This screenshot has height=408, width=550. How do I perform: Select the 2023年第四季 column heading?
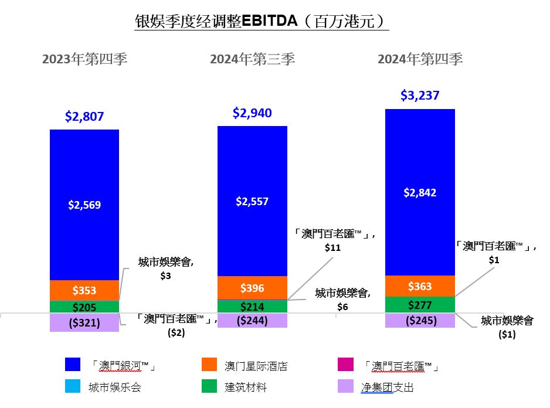pos(84,59)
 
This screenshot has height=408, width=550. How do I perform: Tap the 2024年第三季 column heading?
pos(253,59)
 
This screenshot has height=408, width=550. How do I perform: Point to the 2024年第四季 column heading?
pos(420,59)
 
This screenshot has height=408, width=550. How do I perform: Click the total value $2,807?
pos(84,117)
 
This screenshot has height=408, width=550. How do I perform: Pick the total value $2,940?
pos(252,113)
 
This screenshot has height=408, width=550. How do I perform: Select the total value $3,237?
pos(420,96)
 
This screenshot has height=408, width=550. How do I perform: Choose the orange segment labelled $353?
pos(84,290)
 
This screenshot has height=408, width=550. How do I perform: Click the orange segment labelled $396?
pos(252,288)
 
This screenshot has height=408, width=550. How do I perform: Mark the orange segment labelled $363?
pos(420,286)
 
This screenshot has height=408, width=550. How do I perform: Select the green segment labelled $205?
pos(84,307)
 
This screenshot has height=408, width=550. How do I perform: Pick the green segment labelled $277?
pos(420,305)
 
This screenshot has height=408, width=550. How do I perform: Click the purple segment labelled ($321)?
pos(84,322)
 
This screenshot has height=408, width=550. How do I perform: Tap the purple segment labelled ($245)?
pos(420,321)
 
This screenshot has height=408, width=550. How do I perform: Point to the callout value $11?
pos(332,247)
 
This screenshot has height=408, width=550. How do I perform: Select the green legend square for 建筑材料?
pos(208,387)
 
